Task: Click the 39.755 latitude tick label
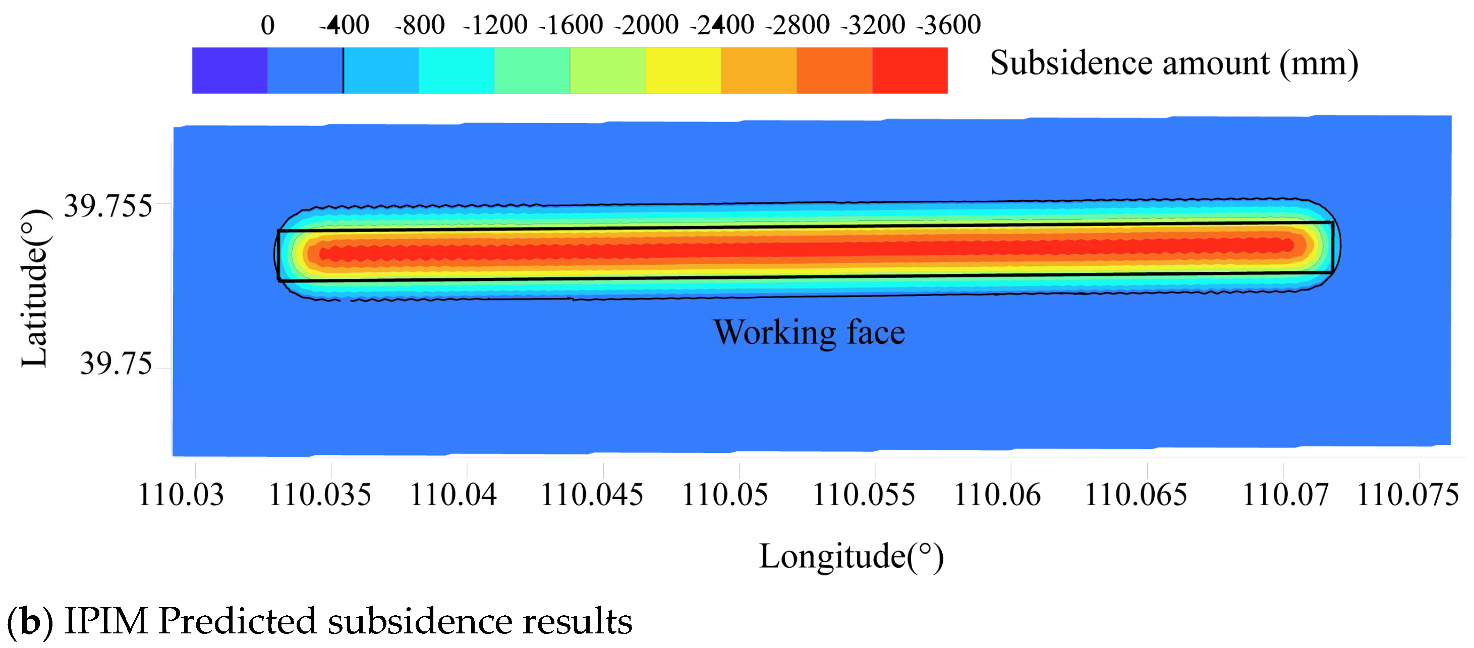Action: coord(107,206)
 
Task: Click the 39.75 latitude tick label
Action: coord(116,364)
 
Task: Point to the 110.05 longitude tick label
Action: coord(725,495)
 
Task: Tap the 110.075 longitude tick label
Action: coord(1408,495)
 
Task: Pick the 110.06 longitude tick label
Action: coord(997,495)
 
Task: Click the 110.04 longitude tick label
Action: coord(453,495)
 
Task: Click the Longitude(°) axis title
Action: coord(851,556)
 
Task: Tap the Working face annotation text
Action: coord(809,332)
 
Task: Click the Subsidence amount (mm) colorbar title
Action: coord(1174,63)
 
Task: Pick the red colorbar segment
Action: coord(910,71)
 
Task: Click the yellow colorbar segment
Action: coord(683,71)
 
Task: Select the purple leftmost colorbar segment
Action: coord(230,71)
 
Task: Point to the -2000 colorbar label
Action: coord(646,25)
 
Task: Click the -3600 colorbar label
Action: coord(948,25)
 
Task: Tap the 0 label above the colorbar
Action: coord(267,25)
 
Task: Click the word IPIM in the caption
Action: coord(106,621)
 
